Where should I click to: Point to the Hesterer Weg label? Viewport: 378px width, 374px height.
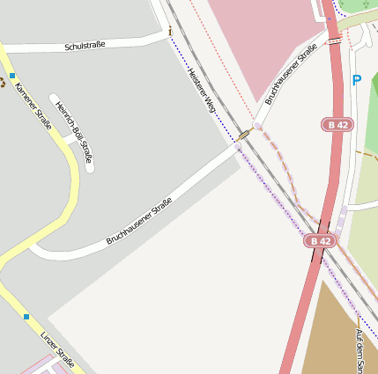pos(203,91)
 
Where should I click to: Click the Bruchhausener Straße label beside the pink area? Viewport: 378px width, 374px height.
pos(291,77)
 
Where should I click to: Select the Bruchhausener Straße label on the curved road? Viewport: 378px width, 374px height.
pos(138,221)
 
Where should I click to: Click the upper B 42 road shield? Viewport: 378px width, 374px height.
pos(338,125)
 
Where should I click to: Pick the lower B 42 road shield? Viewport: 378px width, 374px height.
pos(321,240)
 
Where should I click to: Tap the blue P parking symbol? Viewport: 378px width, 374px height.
pos(357,80)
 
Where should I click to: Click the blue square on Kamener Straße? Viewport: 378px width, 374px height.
pos(13,77)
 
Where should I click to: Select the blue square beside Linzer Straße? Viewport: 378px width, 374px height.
pos(26,316)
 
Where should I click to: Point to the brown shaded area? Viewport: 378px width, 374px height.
pos(339,334)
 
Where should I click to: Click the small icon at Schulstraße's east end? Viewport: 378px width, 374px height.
pos(170,32)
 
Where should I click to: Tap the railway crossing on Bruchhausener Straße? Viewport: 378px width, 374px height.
pos(244,136)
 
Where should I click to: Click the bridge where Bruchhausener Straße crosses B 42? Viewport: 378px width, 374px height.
pos(334,40)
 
